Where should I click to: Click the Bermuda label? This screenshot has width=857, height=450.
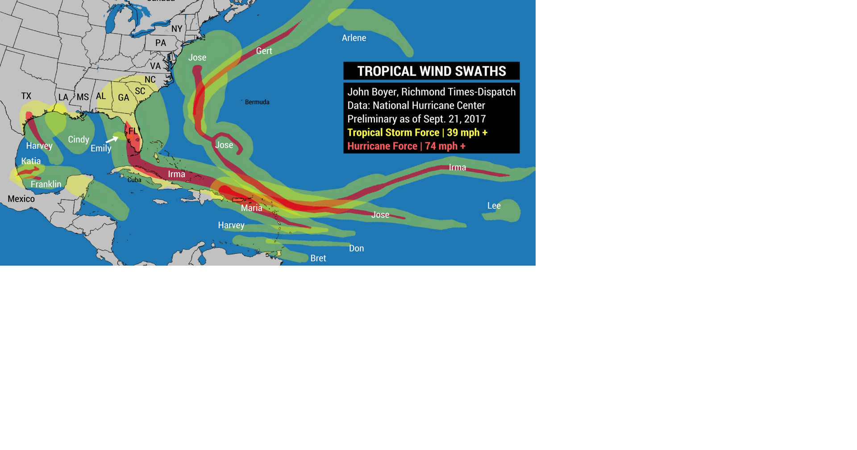[257, 102]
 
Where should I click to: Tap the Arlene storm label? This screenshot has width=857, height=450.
[354, 38]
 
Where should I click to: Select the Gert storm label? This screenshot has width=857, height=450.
[264, 51]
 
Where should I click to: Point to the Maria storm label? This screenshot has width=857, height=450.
[252, 208]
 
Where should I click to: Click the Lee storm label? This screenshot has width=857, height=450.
[494, 206]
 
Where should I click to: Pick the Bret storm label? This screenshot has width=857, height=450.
[318, 258]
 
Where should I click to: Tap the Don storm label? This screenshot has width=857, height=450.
[356, 249]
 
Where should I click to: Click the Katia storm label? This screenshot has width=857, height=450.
[31, 161]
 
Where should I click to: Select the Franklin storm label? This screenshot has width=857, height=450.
[46, 184]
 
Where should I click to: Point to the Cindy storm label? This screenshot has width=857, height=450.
[79, 140]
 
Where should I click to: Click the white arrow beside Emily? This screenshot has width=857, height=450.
[112, 140]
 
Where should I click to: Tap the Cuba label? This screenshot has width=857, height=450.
[134, 180]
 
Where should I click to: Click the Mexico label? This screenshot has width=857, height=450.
[21, 199]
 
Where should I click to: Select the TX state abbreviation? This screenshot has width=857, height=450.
[26, 96]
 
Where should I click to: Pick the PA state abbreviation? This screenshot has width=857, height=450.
[161, 43]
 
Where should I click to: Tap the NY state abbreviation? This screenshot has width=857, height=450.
[177, 29]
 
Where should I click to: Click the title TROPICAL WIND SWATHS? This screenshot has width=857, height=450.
[432, 71]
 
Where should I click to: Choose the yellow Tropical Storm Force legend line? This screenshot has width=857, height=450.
[417, 133]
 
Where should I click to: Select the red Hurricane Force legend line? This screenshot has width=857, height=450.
[406, 146]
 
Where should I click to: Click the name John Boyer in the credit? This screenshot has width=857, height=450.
[372, 92]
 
